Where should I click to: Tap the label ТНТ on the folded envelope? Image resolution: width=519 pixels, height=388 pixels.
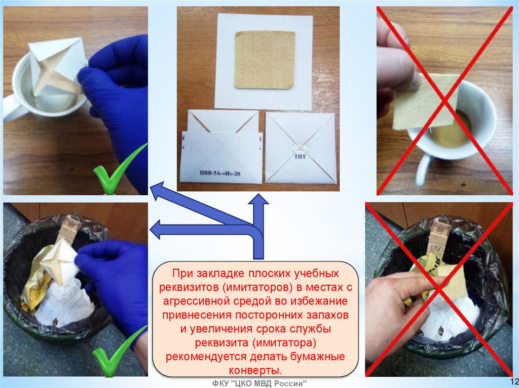300,157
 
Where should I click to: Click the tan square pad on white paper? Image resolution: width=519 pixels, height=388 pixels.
265,60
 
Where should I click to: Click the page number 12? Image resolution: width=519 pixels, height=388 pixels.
514,380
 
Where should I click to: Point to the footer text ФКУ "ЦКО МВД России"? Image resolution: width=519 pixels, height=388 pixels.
259,384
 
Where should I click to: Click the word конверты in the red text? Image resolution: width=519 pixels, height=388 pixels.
255,370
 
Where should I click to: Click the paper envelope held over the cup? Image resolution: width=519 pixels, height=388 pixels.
57,66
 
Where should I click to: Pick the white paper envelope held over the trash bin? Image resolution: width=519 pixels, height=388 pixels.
60,262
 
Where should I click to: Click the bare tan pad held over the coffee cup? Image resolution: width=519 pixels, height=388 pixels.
426,101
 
